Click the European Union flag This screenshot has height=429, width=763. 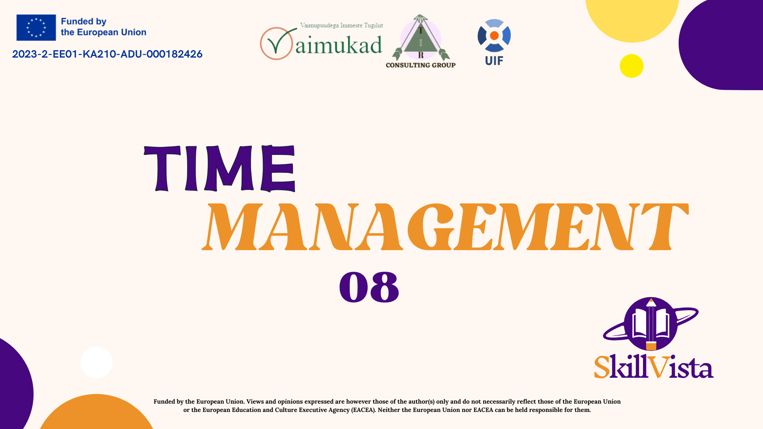[36, 27]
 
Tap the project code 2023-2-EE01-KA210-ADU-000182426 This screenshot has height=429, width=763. [107, 54]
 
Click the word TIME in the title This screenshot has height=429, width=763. [220, 168]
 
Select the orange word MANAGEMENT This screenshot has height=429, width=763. [445, 227]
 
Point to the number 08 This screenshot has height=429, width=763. [369, 287]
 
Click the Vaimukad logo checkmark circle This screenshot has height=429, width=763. [277, 43]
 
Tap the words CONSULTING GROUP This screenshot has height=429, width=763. [420, 65]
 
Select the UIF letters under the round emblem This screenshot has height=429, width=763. [494, 61]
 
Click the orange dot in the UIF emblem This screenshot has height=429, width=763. [494, 36]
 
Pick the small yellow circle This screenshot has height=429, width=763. [631, 66]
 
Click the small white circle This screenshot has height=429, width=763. [96, 362]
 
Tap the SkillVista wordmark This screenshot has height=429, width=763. [654, 366]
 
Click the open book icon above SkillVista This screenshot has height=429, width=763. [651, 324]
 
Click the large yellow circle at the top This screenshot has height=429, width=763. [632, 20]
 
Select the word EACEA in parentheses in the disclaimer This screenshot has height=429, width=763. [363, 410]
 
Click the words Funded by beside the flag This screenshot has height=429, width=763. [83, 21]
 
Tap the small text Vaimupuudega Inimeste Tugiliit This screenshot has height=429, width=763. [341, 25]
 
